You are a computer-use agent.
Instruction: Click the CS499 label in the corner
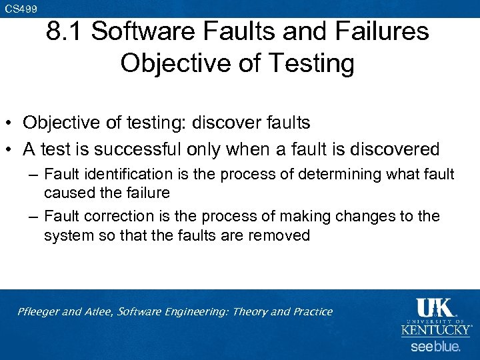(x=21, y=9)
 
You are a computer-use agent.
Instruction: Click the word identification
(x=125, y=175)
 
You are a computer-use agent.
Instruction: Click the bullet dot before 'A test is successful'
(x=11, y=149)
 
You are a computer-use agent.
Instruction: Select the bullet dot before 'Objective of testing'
(x=11, y=123)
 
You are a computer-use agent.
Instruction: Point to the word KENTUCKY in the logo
(x=436, y=329)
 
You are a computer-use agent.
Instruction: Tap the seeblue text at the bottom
(x=435, y=346)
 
